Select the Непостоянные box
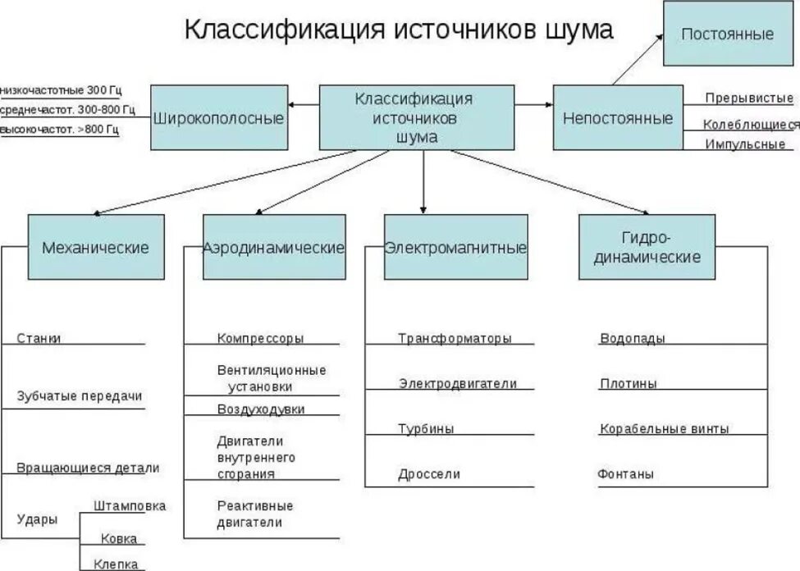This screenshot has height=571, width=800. [x=617, y=118]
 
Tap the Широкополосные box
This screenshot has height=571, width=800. [x=218, y=118]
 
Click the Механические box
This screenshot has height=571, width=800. [x=96, y=247]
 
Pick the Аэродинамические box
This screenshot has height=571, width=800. [x=274, y=247]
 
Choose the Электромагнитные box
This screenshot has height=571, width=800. [x=455, y=247]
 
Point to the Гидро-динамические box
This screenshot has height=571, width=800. [x=647, y=247]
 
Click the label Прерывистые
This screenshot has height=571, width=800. [x=749, y=98]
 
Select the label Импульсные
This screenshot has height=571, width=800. [x=746, y=144]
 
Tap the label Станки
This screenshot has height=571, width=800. [x=39, y=338]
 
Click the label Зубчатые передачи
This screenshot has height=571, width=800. [x=80, y=395]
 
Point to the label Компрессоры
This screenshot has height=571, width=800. [x=260, y=338]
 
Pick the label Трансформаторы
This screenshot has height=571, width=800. [x=455, y=338]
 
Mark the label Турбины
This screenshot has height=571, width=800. [x=426, y=428]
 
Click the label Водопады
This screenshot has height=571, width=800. [x=632, y=338]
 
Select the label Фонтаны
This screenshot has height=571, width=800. [x=626, y=474]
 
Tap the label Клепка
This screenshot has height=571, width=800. [x=115, y=564]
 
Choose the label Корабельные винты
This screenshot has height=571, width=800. [x=664, y=428]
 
